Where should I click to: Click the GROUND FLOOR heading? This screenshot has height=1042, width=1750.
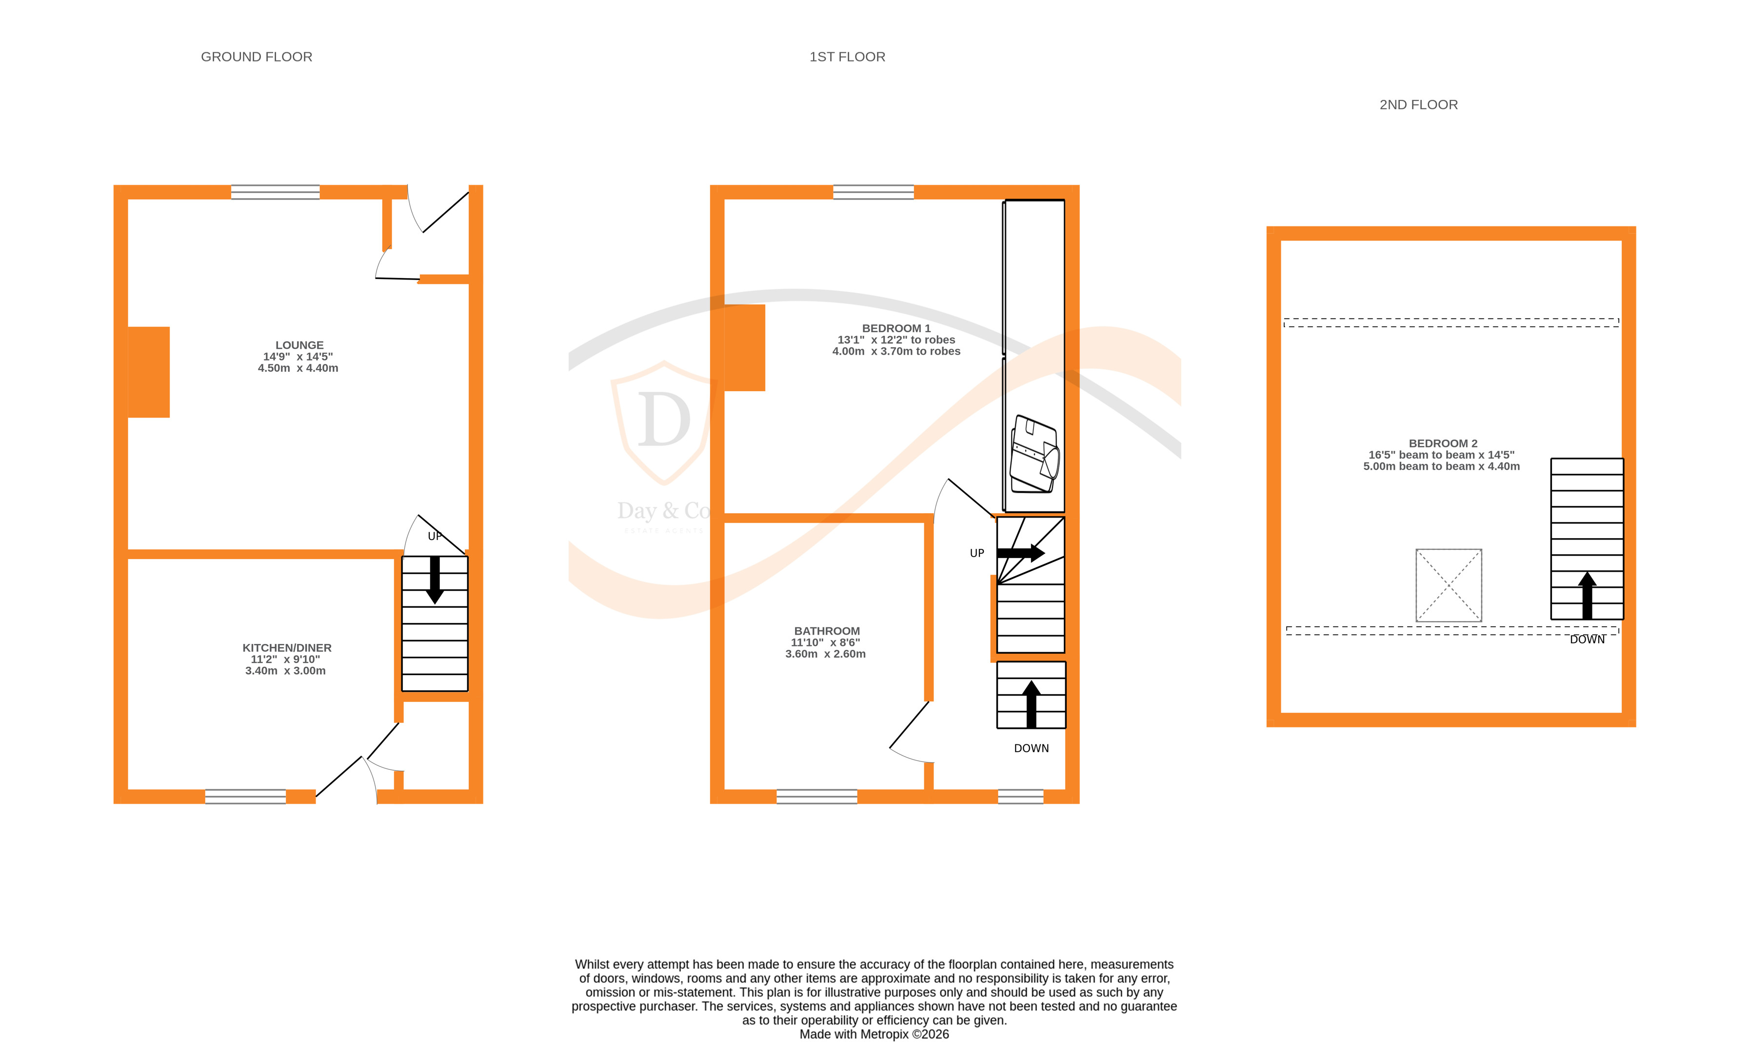click(256, 57)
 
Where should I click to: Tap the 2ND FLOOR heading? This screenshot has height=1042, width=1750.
click(1418, 104)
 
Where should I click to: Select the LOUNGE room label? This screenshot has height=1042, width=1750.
click(299, 345)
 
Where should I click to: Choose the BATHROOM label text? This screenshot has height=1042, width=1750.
click(826, 631)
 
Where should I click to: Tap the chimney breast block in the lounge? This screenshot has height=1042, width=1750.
click(149, 372)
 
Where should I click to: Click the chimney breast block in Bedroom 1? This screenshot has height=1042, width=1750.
click(744, 347)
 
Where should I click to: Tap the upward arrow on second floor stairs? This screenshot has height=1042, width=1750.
click(1587, 595)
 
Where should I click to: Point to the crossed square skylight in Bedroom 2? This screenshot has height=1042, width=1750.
click(1448, 585)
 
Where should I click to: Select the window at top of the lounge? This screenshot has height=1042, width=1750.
click(275, 192)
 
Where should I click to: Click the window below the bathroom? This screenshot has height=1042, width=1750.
click(816, 796)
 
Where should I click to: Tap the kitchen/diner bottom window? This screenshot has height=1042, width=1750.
click(245, 796)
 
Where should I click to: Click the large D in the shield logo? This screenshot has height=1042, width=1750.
click(663, 420)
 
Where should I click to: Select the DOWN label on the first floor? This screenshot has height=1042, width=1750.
click(1031, 748)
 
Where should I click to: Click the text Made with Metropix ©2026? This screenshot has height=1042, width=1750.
click(874, 1034)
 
